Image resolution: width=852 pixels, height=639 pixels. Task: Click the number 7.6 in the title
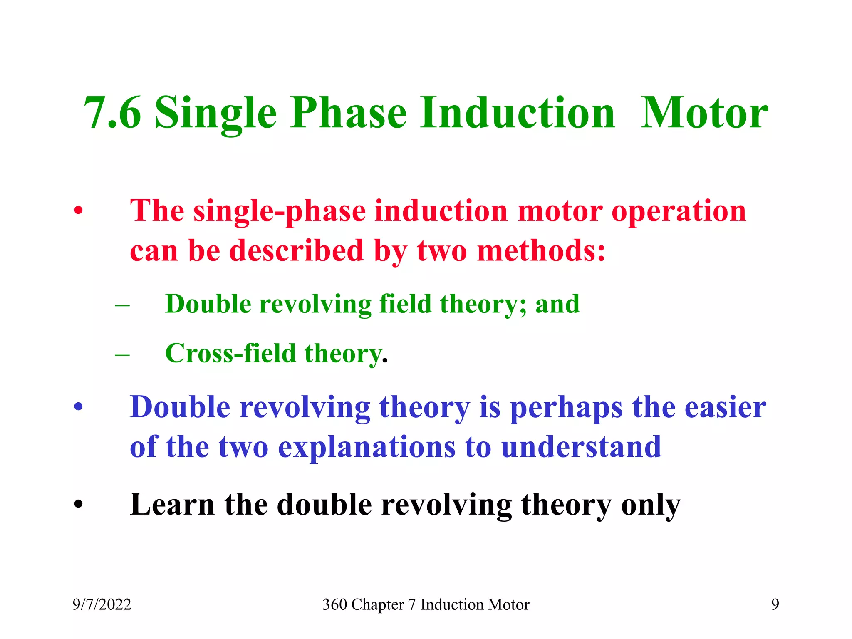tap(112, 113)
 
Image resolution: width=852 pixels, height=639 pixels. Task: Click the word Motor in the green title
tap(704, 113)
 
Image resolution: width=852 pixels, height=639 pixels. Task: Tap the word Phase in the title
tap(348, 113)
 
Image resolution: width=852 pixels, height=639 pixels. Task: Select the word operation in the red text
tap(679, 211)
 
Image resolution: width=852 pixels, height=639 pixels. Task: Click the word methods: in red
tap(541, 251)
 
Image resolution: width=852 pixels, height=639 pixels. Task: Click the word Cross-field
tap(230, 353)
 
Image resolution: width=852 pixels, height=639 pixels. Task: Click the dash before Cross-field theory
tap(122, 355)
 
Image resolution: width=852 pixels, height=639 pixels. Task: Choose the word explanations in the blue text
tap(367, 447)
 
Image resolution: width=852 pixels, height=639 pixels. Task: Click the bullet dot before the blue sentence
tap(79, 407)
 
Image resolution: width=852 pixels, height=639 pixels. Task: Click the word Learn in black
tap(172, 505)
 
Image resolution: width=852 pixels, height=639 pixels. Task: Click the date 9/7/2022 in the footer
tap(102, 604)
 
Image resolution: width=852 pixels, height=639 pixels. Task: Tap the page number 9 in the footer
tap(775, 604)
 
